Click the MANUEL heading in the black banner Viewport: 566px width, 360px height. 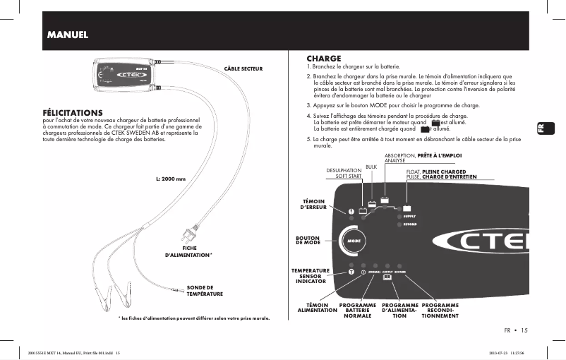pyautogui.click(x=67, y=35)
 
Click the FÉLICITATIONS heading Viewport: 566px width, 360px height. pyautogui.click(x=73, y=112)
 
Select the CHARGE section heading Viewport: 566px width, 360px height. pyautogui.click(x=324, y=58)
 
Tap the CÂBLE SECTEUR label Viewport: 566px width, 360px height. pyautogui.click(x=243, y=68)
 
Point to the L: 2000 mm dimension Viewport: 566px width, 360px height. pyautogui.click(x=170, y=179)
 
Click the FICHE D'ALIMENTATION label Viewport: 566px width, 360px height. pyautogui.click(x=189, y=251)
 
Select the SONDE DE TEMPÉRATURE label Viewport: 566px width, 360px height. pyautogui.click(x=205, y=290)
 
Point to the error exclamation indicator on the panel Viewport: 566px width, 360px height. pyautogui.click(x=351, y=210)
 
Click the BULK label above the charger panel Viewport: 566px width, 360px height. pyautogui.click(x=371, y=167)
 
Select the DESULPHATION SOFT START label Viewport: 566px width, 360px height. pyautogui.click(x=344, y=173)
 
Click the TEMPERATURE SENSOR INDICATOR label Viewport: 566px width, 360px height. pyautogui.click(x=311, y=276)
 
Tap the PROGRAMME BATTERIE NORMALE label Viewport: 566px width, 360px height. pyautogui.click(x=358, y=311)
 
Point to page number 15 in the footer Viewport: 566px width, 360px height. pyautogui.click(x=524, y=330)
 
